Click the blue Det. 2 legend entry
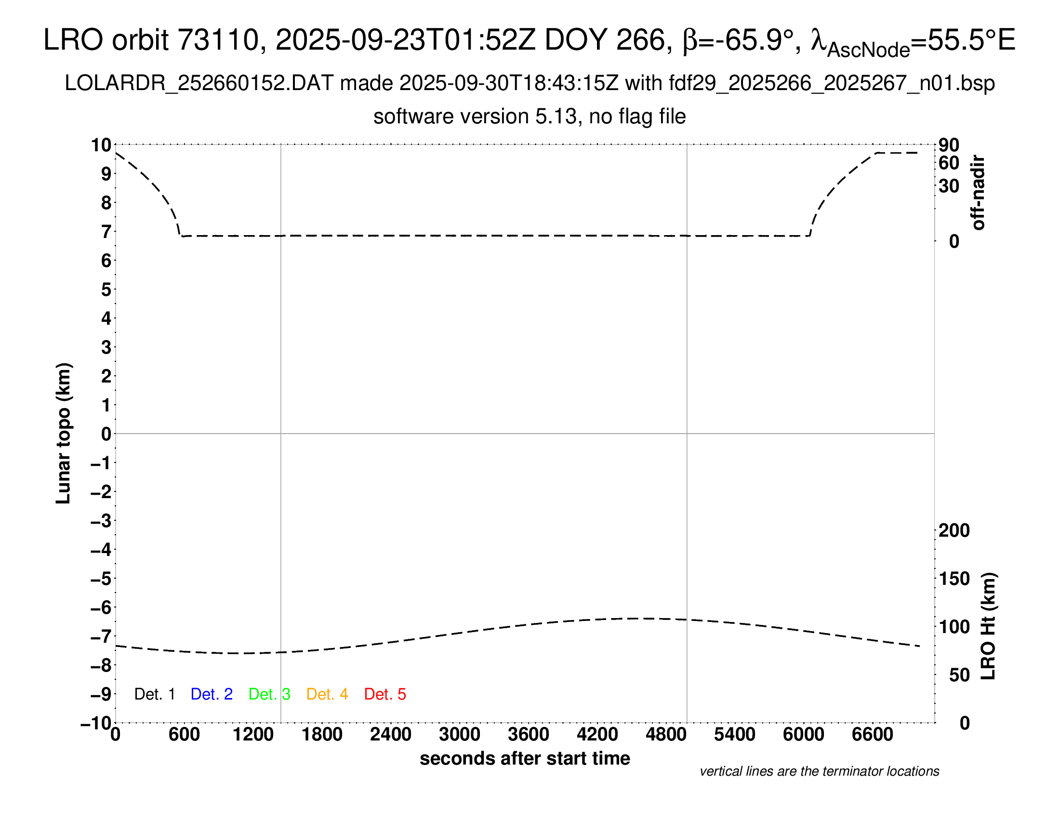pyautogui.click(x=212, y=694)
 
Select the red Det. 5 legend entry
pyautogui.click(x=385, y=694)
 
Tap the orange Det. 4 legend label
pyautogui.click(x=327, y=694)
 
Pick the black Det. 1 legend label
pyautogui.click(x=154, y=694)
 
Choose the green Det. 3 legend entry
pyautogui.click(x=269, y=694)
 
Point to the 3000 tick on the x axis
pyautogui.click(x=460, y=735)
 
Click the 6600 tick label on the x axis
pyautogui.click(x=873, y=735)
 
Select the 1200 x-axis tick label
pyautogui.click(x=253, y=735)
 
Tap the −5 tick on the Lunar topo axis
pyautogui.click(x=101, y=579)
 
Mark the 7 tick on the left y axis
pyautogui.click(x=106, y=232)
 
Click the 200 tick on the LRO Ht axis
pyautogui.click(x=954, y=530)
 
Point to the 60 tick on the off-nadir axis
pyautogui.click(x=949, y=163)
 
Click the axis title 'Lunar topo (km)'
pyautogui.click(x=64, y=433)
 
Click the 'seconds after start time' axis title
pyautogui.click(x=525, y=758)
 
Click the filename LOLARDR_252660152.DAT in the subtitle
pyautogui.click(x=199, y=83)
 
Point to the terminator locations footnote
pyautogui.click(x=819, y=771)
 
